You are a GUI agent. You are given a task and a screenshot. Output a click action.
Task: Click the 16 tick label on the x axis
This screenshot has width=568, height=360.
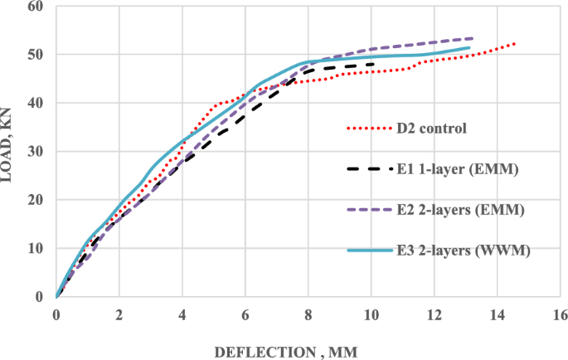click(560, 314)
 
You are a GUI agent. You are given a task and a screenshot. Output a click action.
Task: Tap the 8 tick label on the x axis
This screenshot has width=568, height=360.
click(308, 314)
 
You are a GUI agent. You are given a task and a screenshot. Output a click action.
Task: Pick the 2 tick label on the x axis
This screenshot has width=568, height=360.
click(119, 314)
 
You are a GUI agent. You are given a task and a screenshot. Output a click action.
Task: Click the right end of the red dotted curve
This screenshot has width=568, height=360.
click(515, 43)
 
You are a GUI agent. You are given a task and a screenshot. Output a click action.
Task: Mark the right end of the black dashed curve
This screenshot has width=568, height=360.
click(372, 64)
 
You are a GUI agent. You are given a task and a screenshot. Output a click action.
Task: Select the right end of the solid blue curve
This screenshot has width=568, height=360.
click(469, 48)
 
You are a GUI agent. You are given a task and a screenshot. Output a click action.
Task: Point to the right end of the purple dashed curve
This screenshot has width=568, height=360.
click(473, 38)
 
